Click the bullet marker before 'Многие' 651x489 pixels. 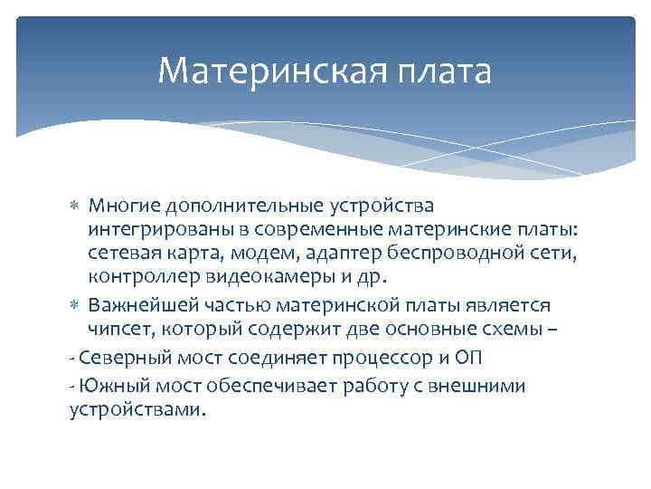pyautogui.click(x=75, y=208)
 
